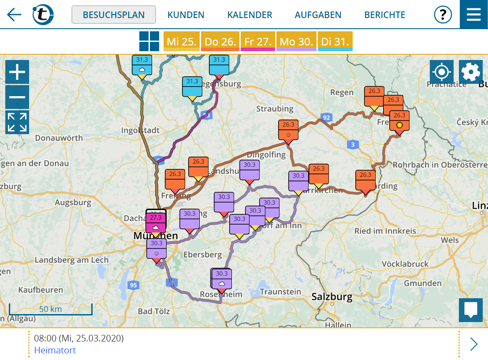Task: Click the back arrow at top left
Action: (x=14, y=15)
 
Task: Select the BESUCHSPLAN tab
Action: (x=114, y=15)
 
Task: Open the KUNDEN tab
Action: (x=186, y=15)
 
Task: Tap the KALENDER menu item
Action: (x=250, y=15)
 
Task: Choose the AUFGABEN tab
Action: (x=318, y=15)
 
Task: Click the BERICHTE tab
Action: (x=384, y=15)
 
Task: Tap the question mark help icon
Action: (x=443, y=15)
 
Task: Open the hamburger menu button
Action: (x=473, y=14)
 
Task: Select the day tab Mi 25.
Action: (x=182, y=41)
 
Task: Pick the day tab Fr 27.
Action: (x=257, y=41)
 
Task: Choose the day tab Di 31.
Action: (x=335, y=41)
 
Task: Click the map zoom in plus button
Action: (x=17, y=72)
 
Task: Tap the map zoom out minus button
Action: (x=17, y=97)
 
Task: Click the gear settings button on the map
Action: (x=470, y=72)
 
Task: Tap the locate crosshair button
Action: (x=441, y=72)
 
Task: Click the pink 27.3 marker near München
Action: (x=156, y=222)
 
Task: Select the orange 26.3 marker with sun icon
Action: (x=399, y=120)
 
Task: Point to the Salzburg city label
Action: (x=332, y=297)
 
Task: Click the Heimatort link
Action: (x=55, y=350)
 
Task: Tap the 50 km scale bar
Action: (x=50, y=309)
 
